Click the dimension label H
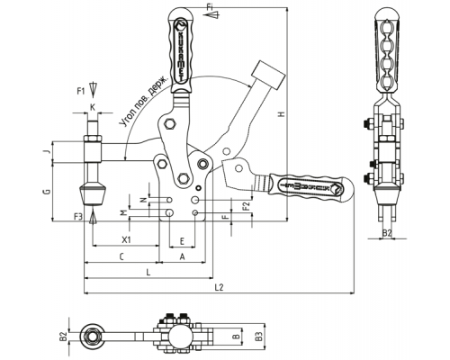pyautogui.click(x=282, y=114)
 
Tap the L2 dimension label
pyautogui.click(x=220, y=287)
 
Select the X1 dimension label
pyautogui.click(x=127, y=239)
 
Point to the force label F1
pyautogui.click(x=81, y=91)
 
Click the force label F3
pyautogui.click(x=77, y=217)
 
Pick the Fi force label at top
pyautogui.click(x=210, y=7)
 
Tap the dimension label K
pyautogui.click(x=93, y=107)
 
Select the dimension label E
pyautogui.click(x=182, y=241)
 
